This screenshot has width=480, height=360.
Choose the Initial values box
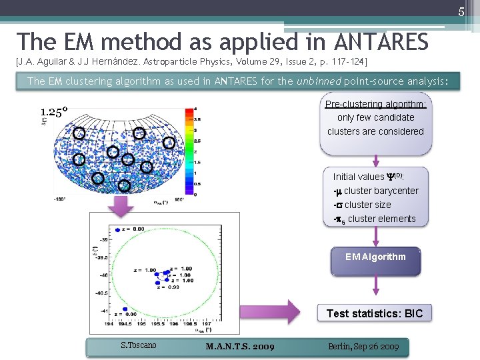tap(375, 197)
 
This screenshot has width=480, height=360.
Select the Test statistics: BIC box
tap(375, 313)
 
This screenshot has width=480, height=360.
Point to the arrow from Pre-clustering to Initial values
tap(375, 160)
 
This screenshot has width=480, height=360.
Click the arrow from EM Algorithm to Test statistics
tap(375, 287)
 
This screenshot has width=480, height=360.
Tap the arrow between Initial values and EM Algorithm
tap(375, 237)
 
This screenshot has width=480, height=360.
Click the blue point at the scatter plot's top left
tap(118, 229)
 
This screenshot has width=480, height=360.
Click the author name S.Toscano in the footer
tap(138, 345)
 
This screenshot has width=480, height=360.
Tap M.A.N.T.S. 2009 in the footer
tap(240, 346)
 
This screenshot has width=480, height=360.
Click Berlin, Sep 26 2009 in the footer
tap(363, 346)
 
